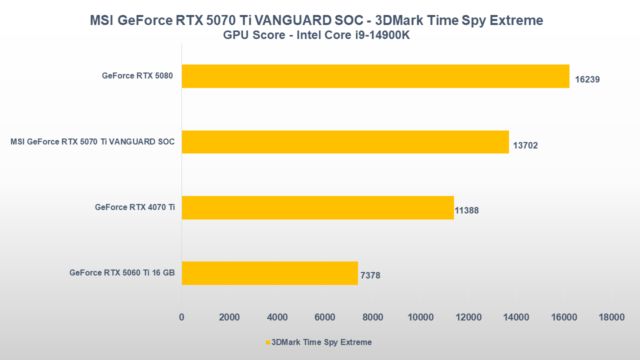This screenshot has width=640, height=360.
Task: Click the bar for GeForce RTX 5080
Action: [x=375, y=76]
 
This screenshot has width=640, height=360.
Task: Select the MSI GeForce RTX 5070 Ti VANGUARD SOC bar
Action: [x=345, y=142]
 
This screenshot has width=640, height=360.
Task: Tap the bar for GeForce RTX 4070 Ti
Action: [x=317, y=207]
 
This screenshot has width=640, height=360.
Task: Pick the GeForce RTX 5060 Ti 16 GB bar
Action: [x=269, y=273]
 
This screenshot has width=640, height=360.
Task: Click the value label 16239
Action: [x=587, y=79]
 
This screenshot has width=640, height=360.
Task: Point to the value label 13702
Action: [x=525, y=146]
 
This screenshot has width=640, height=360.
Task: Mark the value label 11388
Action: [x=466, y=210]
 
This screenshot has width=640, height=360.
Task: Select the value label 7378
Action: [x=370, y=275]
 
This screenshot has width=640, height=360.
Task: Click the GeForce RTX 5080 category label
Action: [x=137, y=76]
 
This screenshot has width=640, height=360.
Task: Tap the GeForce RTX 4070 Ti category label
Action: [x=134, y=207]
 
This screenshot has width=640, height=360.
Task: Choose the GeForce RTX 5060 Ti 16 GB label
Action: [x=122, y=272]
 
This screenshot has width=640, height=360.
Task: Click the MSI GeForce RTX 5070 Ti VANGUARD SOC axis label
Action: [x=92, y=141]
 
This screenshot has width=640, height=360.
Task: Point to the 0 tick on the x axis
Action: [x=181, y=317]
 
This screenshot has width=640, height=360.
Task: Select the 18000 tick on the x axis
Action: [x=611, y=317]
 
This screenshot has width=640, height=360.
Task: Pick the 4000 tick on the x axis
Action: [x=277, y=317]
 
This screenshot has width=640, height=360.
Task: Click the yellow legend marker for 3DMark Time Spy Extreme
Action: [x=268, y=342]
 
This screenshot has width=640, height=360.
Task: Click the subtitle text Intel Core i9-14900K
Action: [x=353, y=35]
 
